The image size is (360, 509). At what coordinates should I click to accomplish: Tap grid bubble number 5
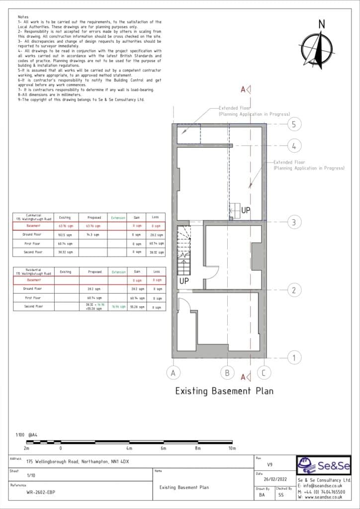click(x=294, y=124)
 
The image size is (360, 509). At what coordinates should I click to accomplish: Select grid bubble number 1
click(x=294, y=357)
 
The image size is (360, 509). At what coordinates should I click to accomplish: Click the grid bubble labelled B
click(x=227, y=372)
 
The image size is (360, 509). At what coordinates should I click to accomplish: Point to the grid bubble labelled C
click(x=264, y=372)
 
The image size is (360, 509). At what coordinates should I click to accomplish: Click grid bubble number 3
click(x=294, y=222)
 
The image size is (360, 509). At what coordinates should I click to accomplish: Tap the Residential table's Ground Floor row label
click(x=32, y=288)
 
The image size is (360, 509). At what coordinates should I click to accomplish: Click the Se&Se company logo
click(x=324, y=466)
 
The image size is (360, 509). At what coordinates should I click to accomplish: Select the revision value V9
click(x=270, y=465)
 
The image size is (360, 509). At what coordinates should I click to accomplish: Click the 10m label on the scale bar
click(x=232, y=448)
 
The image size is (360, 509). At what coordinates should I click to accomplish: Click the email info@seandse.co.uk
click(x=324, y=486)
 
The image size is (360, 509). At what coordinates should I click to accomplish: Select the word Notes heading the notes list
click(x=23, y=17)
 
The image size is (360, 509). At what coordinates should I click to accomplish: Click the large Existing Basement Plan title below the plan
click(x=224, y=391)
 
